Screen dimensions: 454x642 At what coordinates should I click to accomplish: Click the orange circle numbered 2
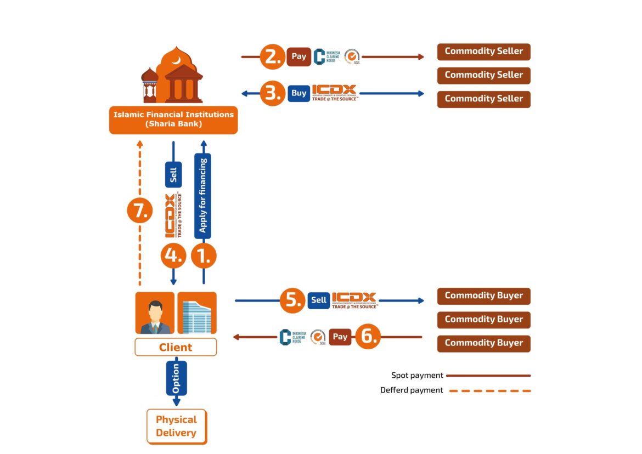click(273, 56)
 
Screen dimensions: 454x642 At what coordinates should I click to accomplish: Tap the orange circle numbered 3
click(273, 93)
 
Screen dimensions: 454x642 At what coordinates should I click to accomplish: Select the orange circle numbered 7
click(140, 211)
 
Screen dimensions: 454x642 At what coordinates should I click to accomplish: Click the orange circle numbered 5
click(292, 300)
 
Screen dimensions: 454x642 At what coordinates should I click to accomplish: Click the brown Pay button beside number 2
click(299, 56)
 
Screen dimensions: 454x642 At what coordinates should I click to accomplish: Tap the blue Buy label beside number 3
click(299, 93)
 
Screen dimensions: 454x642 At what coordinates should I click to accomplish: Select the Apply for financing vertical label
click(203, 196)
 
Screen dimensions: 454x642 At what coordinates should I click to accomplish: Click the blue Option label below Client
click(176, 378)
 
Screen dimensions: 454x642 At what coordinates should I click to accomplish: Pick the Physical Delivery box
click(176, 426)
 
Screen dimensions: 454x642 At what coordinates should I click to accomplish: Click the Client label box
click(176, 347)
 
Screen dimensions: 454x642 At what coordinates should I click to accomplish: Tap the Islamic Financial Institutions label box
click(173, 120)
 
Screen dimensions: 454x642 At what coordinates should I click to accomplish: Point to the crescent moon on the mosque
click(176, 59)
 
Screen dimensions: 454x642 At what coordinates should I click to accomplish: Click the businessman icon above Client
click(155, 313)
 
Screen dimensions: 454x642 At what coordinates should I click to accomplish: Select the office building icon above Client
click(197, 313)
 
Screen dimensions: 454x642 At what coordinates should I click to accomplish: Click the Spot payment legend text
click(417, 376)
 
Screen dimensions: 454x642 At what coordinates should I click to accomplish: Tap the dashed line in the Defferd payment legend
click(488, 390)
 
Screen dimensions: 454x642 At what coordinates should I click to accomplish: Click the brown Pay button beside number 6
click(340, 337)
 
